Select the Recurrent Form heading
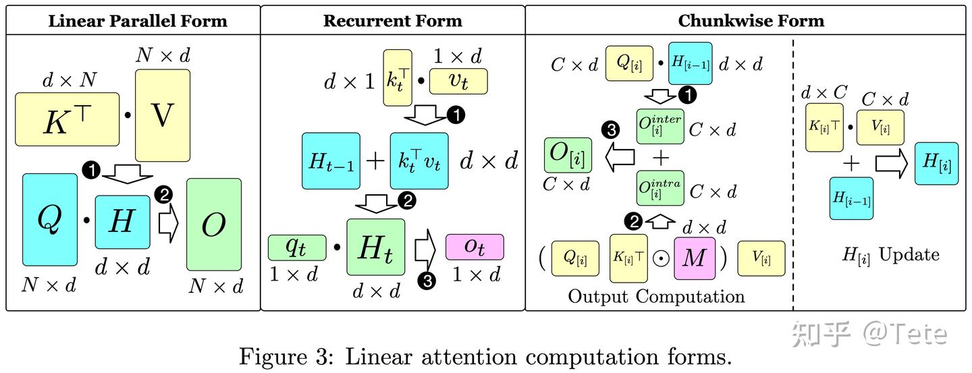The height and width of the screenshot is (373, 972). click(392, 20)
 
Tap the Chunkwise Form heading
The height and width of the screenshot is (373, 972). click(751, 20)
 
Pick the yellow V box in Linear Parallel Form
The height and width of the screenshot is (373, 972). click(163, 115)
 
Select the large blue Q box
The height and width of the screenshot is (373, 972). click(50, 219)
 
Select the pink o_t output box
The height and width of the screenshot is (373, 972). click(475, 247)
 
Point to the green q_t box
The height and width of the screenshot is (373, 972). click(297, 247)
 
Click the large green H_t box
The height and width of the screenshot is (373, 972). click(375, 248)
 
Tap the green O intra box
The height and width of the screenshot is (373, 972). click(660, 188)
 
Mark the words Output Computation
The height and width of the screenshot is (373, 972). click(656, 296)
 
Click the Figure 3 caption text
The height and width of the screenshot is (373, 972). click(485, 355)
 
